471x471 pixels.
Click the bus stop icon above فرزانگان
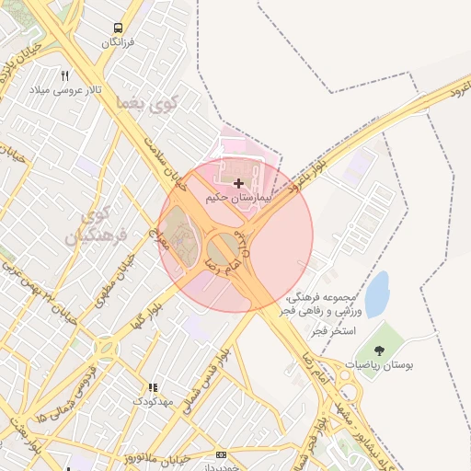coord(118,28)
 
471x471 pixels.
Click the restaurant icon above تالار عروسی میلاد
coord(64,75)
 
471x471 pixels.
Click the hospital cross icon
coord(239,184)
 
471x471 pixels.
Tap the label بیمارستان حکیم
coord(240,197)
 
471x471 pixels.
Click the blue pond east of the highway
coord(376,293)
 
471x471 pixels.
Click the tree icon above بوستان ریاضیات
coord(378,350)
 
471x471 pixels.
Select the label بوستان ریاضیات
coord(379,365)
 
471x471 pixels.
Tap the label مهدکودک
coord(151,402)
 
